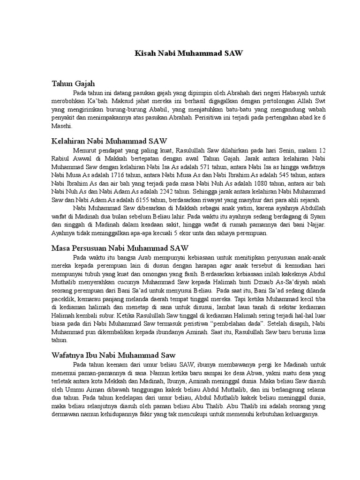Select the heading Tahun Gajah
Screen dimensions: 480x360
(73, 83)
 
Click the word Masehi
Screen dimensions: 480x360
(62, 126)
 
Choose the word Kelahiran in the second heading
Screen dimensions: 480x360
(69, 141)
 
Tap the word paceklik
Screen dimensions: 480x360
(62, 299)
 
